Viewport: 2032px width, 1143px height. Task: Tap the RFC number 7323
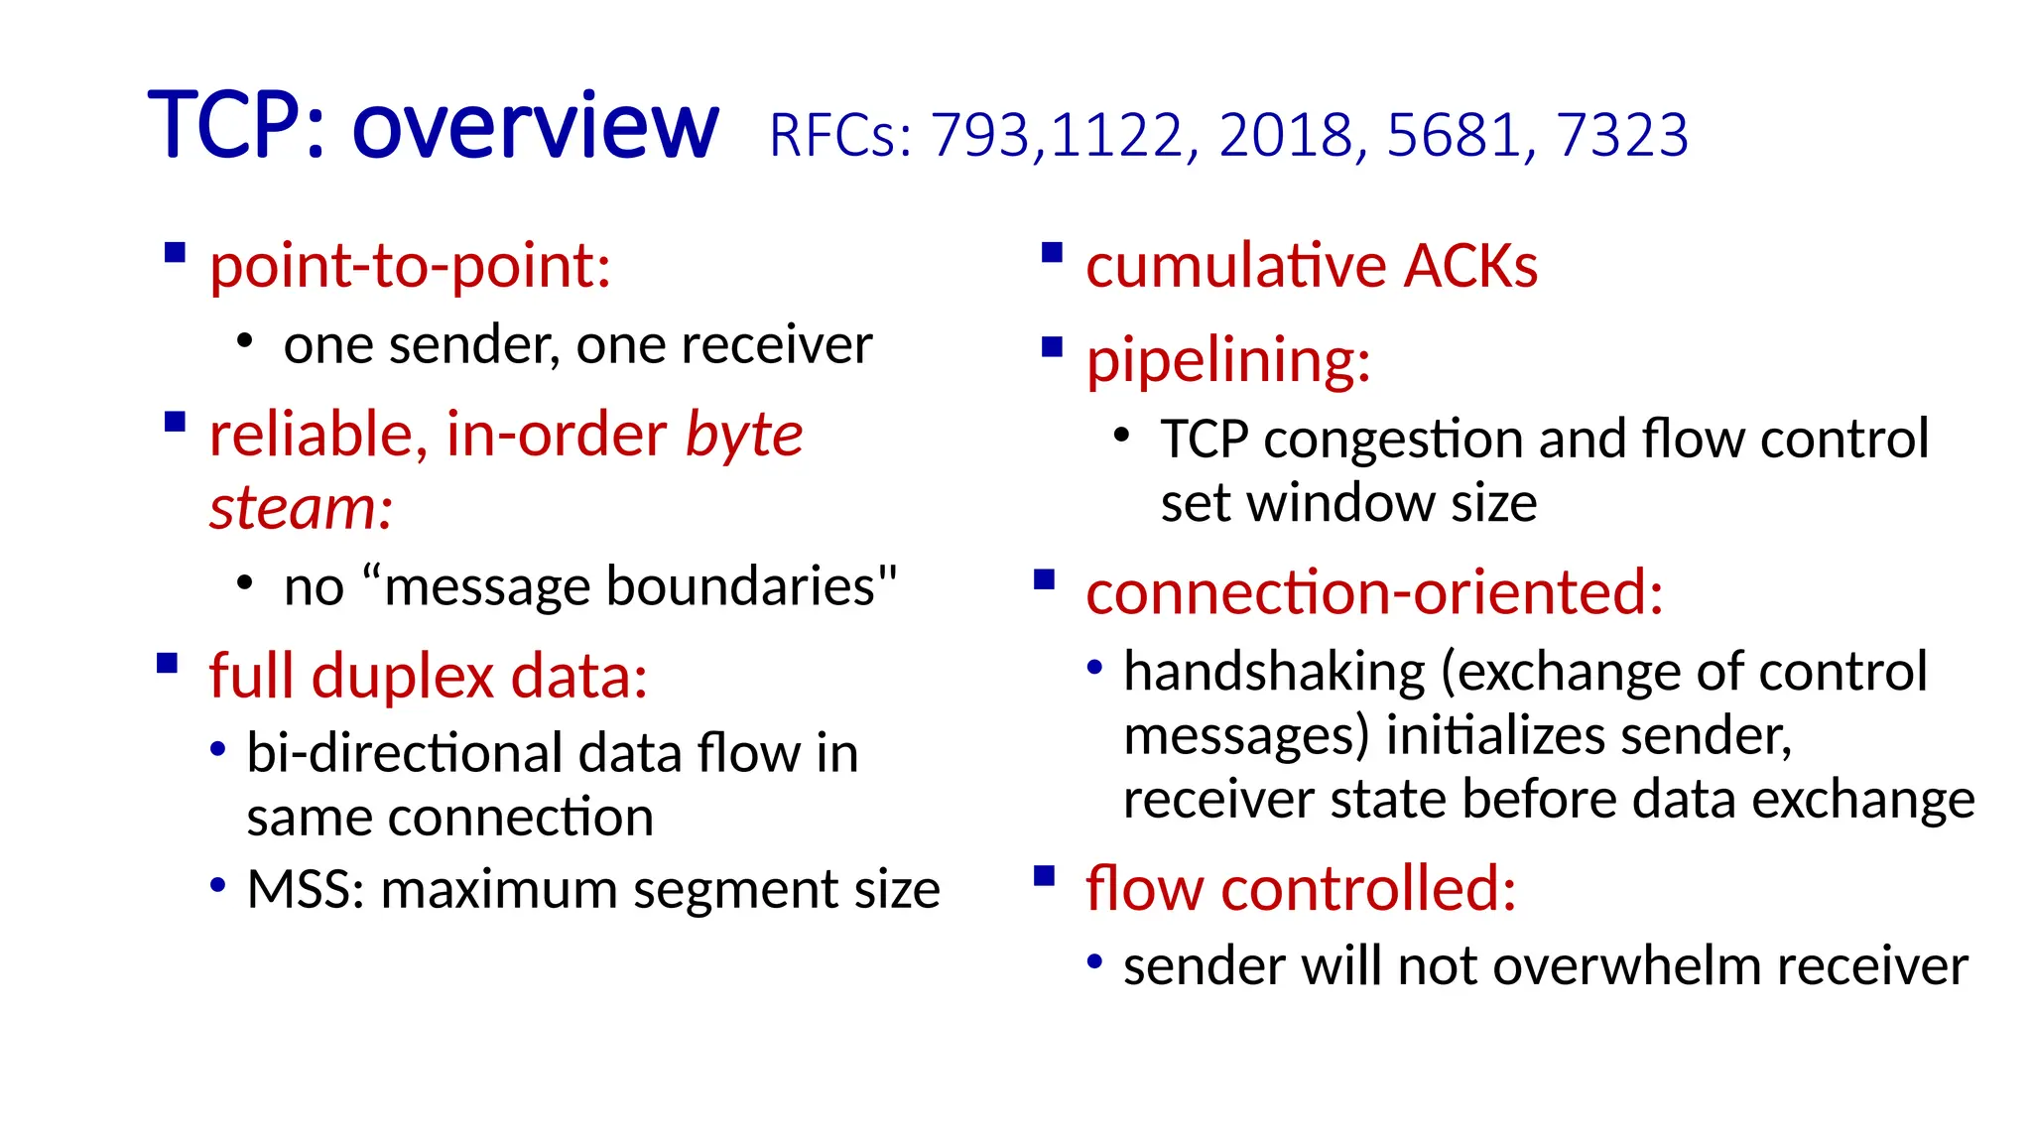point(1621,135)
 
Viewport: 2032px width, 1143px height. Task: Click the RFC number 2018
point(1286,135)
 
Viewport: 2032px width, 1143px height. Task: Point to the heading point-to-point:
point(410,268)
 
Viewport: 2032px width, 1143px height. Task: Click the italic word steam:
point(301,508)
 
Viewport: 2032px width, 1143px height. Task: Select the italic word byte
point(743,436)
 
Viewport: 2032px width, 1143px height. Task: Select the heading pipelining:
point(1227,361)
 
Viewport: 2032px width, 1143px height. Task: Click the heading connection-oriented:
point(1373,593)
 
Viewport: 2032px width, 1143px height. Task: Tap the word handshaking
point(1274,673)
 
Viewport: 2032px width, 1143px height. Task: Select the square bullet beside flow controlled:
point(1044,876)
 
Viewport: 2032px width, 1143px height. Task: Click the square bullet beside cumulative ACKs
point(1052,253)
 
